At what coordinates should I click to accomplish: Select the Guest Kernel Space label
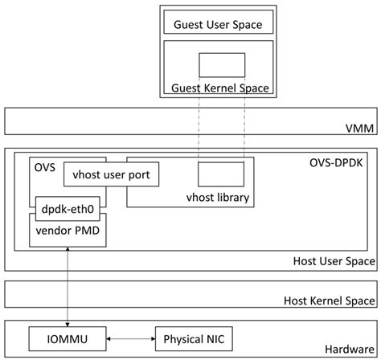coord(219,88)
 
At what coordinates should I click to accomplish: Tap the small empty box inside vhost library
coord(221,174)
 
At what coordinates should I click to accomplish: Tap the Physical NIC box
coord(190,340)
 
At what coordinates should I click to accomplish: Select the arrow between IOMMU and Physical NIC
coord(129,340)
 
